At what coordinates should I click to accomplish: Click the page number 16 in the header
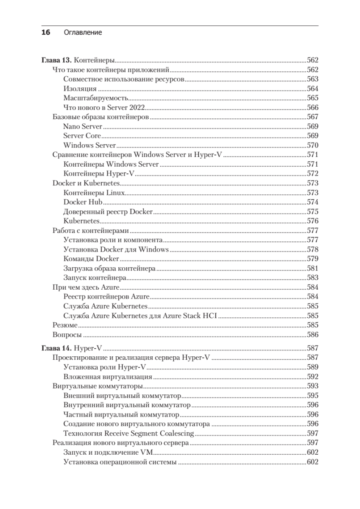click(x=46, y=32)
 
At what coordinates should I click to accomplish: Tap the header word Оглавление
click(x=83, y=32)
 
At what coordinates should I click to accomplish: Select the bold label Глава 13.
click(x=57, y=60)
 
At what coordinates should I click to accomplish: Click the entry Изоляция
click(x=80, y=89)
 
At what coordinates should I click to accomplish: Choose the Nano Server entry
click(x=83, y=126)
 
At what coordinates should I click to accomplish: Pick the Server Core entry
click(x=82, y=136)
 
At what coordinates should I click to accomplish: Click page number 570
click(x=312, y=145)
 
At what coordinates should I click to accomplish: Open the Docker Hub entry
click(x=83, y=202)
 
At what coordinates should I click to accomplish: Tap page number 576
click(x=312, y=221)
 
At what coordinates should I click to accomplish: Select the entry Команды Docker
click(x=91, y=259)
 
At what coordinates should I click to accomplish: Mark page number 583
click(x=312, y=278)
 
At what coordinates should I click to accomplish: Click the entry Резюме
click(x=65, y=325)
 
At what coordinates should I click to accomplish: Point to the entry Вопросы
click(x=67, y=335)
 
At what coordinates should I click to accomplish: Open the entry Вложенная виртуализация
click(x=108, y=376)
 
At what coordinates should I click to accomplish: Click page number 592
click(x=312, y=376)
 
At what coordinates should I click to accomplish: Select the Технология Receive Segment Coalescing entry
click(x=128, y=433)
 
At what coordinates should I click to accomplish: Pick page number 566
click(x=312, y=108)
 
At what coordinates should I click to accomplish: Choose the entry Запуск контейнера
click(x=95, y=278)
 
